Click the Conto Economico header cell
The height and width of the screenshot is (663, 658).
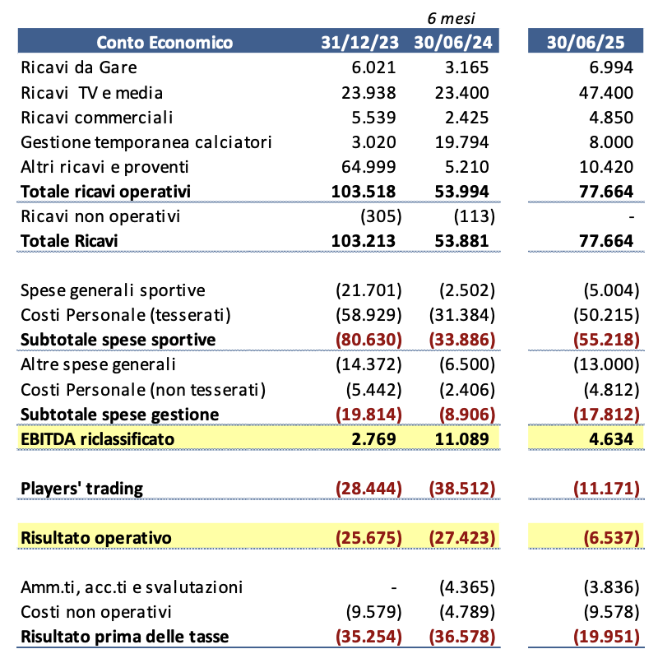click(164, 43)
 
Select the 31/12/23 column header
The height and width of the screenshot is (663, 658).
click(360, 43)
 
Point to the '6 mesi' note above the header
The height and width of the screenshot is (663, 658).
click(451, 17)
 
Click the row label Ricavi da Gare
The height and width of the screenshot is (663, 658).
click(78, 67)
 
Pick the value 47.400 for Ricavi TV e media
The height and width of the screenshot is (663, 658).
click(606, 92)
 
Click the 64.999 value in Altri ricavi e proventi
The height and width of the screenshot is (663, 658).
click(369, 167)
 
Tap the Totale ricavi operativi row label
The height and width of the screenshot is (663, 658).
click(105, 192)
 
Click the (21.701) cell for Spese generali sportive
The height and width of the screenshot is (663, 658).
click(367, 290)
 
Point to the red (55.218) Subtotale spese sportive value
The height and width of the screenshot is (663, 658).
click(603, 340)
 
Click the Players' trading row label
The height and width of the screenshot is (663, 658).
click(81, 489)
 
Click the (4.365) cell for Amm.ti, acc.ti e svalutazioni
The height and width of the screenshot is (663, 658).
click(461, 587)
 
